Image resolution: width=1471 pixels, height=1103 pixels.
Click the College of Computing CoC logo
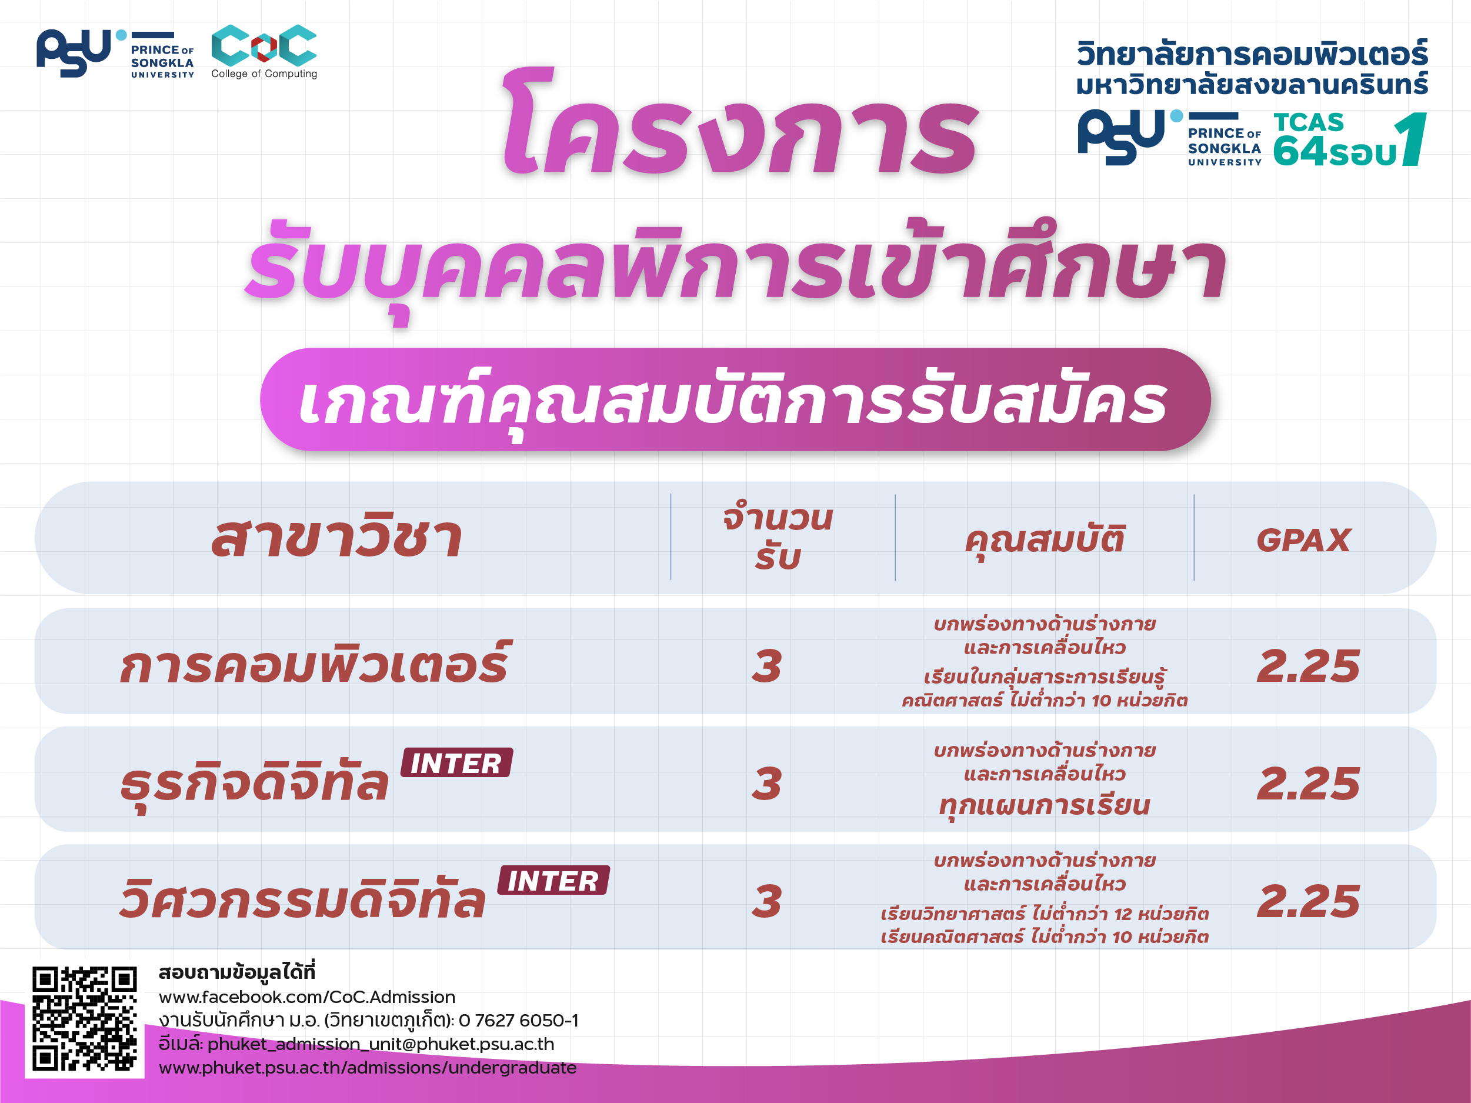[264, 51]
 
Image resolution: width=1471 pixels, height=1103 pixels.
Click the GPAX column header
[1303, 539]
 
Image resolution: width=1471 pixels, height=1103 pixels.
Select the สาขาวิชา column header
[336, 538]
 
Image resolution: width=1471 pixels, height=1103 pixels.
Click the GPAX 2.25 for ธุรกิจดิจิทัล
[1308, 783]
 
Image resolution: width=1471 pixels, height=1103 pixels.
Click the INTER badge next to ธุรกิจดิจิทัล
[456, 762]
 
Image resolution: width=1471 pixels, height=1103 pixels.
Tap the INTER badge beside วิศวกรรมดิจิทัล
[553, 880]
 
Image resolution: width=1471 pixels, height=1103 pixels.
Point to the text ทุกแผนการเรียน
[1044, 805]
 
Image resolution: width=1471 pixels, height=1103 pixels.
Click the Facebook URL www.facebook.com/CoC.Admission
[307, 997]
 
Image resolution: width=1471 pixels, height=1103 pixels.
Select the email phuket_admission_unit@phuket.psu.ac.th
[381, 1044]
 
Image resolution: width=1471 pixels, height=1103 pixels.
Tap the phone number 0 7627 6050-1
[519, 1020]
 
